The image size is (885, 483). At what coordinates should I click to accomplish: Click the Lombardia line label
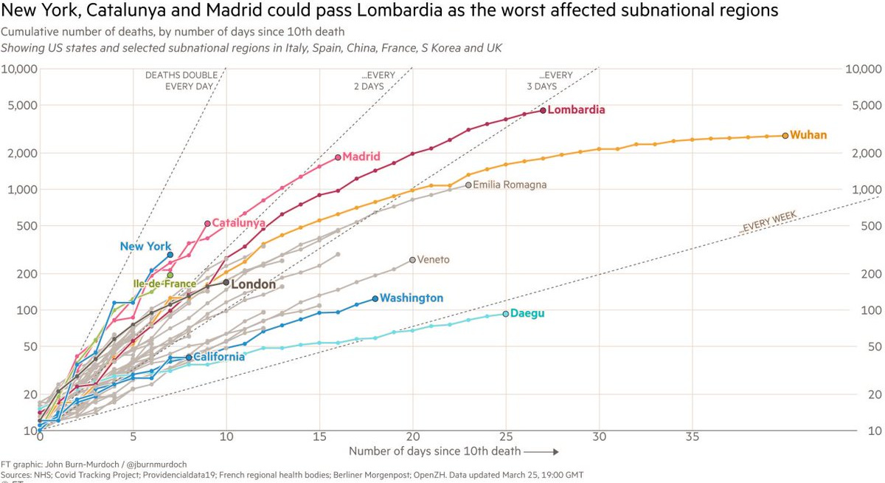pos(576,110)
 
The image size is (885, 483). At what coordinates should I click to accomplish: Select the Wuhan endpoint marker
pos(785,135)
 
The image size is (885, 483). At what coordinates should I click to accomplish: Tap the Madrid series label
pos(361,157)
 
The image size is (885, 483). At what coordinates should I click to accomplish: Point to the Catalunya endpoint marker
pos(207,223)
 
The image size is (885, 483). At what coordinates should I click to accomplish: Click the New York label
pos(145,247)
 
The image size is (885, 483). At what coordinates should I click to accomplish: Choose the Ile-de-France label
pos(164,284)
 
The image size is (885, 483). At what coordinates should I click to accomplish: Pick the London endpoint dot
pos(226,282)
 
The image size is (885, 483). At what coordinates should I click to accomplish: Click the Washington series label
pos(412,298)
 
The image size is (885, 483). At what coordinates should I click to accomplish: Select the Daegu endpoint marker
pos(506,314)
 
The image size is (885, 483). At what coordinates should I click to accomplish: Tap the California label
pos(218,357)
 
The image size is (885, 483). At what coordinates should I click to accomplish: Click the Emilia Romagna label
pos(510,185)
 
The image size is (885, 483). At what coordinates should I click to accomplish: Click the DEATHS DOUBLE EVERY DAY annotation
pos(179,80)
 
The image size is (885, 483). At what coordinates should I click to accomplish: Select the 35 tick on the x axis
pos(693,436)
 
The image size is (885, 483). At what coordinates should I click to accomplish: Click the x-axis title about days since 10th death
pos(435,451)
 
